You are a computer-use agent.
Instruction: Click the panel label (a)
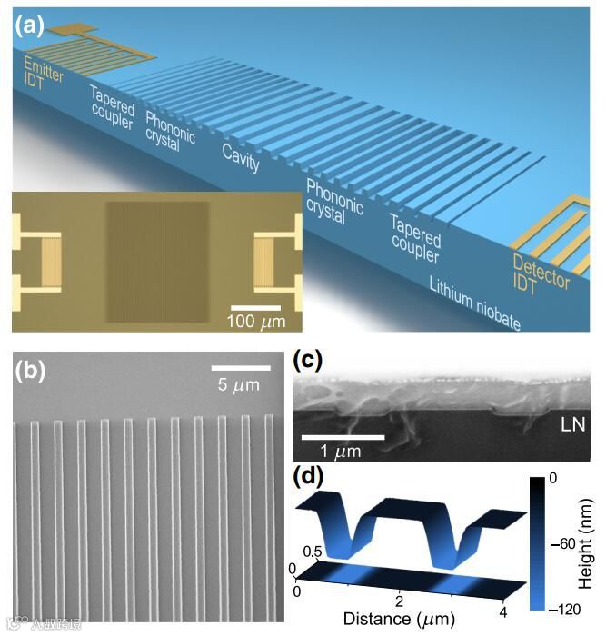(x=28, y=25)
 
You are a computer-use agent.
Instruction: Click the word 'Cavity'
(x=241, y=157)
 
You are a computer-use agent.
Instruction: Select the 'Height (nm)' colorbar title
(x=602, y=542)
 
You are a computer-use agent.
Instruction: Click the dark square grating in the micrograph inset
(x=156, y=260)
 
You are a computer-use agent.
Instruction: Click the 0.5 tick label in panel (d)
(x=312, y=550)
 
